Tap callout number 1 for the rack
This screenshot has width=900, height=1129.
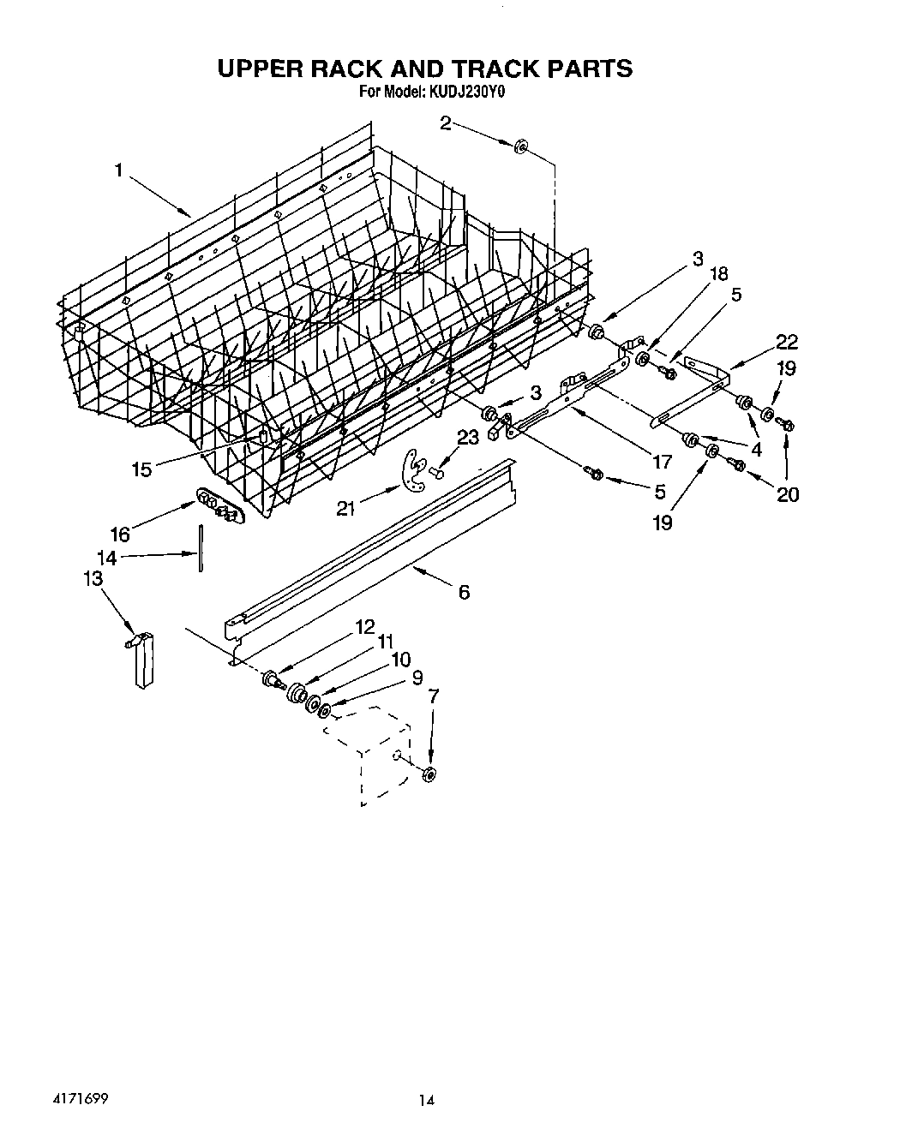120,170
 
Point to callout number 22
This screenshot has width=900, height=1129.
786,343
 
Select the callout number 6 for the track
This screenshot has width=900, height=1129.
464,592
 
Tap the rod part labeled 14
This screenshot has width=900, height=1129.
199,548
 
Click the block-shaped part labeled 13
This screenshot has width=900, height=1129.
143,659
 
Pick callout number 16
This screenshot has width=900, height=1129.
120,535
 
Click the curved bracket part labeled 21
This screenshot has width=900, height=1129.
416,474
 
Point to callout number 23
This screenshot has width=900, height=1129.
467,439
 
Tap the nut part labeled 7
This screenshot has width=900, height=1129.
430,774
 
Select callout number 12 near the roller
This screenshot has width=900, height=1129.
365,627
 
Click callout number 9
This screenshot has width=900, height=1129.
417,678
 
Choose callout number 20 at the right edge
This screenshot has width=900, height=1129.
788,494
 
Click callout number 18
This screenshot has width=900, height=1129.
718,274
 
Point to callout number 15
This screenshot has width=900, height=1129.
141,469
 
